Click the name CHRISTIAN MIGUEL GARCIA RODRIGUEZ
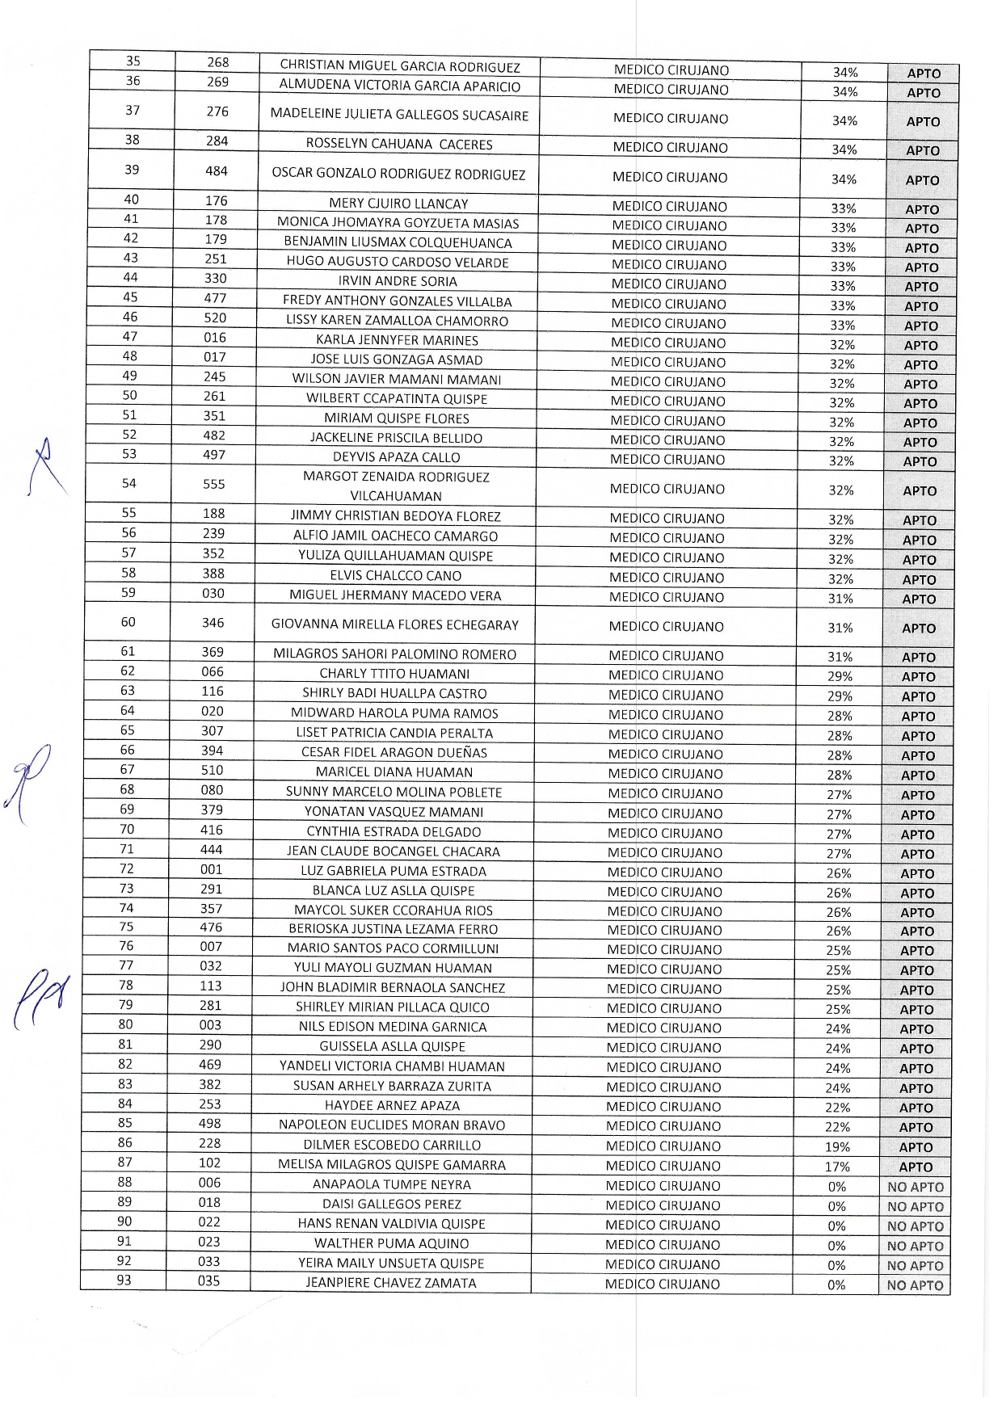[400, 65]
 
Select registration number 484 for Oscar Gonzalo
[217, 171]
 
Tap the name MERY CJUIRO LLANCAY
[398, 204]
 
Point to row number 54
[129, 483]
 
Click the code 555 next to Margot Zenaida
[214, 484]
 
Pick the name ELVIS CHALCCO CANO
[396, 576]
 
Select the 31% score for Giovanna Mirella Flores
[840, 628]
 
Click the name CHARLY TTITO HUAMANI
[394, 674]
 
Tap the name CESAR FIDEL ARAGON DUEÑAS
[394, 752]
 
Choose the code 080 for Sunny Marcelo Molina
[212, 790]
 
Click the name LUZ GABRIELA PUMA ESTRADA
[394, 871]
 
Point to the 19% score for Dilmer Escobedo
[837, 1147]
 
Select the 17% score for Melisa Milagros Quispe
[837, 1167]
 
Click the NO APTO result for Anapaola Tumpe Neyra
[915, 1187]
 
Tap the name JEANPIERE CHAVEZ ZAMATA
[391, 1283]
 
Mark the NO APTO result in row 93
[915, 1285]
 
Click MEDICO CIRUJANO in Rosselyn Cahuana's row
[670, 147]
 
